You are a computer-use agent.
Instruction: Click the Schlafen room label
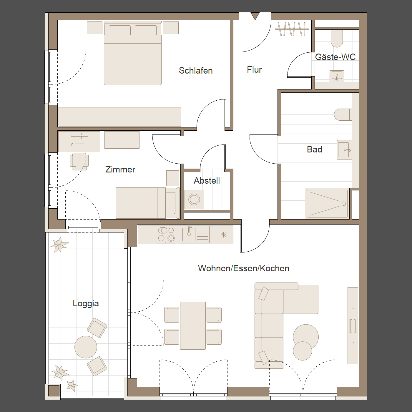pos(196,71)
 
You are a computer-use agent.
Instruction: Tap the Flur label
pos(254,70)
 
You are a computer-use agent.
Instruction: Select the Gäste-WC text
pos(335,57)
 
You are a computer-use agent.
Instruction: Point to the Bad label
pos(315,149)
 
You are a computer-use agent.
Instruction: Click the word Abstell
pos(207,181)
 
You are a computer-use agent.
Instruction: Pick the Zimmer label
pos(120,170)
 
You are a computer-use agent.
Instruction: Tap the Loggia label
pos(86,304)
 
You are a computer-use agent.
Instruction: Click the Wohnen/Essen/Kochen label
pos(244,268)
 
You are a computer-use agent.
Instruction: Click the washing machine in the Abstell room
pos(194,200)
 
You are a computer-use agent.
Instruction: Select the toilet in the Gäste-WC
pos(337,38)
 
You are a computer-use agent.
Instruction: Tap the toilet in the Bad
pos(343,114)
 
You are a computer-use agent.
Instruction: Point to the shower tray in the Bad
pos(327,204)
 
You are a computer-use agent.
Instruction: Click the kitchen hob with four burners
pos(166,235)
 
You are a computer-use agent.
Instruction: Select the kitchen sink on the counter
pos(195,235)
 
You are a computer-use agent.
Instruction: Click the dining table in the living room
pos(193,325)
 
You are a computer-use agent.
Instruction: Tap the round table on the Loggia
pos(86,347)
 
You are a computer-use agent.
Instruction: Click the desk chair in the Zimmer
pos(79,162)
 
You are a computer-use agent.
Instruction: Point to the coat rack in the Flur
pos(292,29)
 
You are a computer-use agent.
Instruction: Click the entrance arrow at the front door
pos(255,16)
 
